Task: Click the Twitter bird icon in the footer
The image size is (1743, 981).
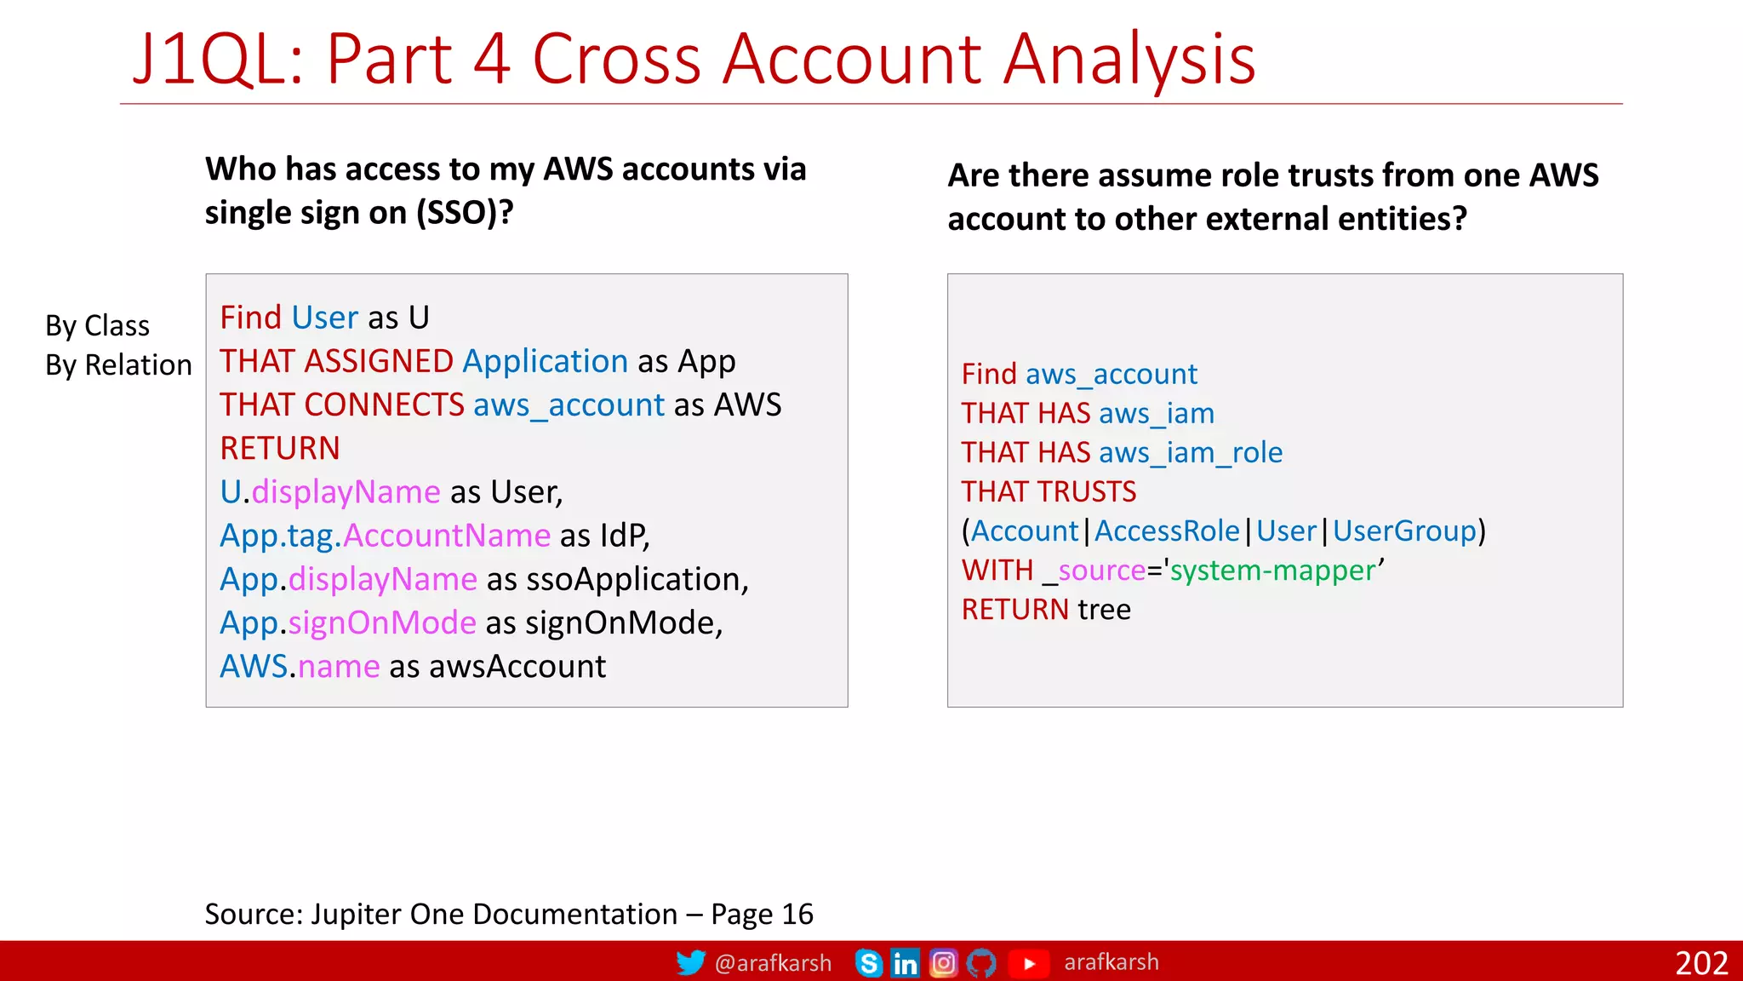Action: point(690,962)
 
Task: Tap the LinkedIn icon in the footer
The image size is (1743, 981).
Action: point(905,963)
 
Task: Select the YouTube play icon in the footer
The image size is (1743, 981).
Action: point(1028,963)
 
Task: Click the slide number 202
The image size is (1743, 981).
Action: point(1700,963)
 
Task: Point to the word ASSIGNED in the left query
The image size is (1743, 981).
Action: point(379,361)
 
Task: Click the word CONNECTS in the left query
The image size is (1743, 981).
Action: point(384,404)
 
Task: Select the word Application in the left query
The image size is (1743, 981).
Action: point(545,361)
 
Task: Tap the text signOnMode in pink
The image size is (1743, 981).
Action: point(382,622)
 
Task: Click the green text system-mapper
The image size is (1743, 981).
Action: point(1272,570)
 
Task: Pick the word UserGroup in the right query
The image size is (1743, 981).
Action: point(1403,531)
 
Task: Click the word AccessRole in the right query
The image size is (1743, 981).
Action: point(1167,531)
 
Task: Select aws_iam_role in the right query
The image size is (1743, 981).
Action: point(1190,452)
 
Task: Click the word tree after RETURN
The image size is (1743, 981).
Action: point(1104,609)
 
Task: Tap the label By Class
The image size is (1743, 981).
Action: point(97,325)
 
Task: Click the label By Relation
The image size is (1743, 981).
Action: point(118,364)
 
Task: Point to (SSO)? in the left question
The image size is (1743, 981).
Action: point(465,212)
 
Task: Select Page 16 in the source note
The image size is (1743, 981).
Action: point(762,914)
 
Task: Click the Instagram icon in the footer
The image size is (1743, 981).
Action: point(943,963)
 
